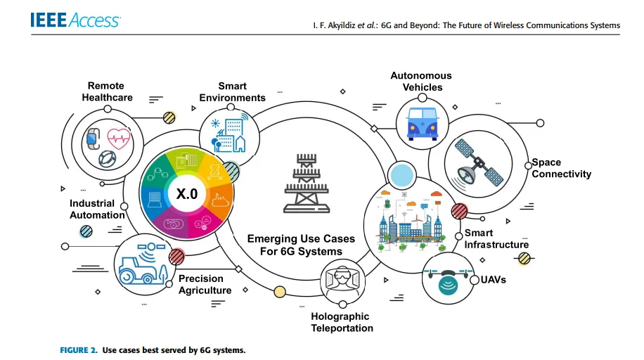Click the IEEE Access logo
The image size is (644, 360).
[75, 20]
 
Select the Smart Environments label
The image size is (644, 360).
[232, 92]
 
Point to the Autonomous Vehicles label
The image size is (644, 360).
[422, 82]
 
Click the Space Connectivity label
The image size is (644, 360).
[561, 168]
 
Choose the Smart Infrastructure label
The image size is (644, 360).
[496, 239]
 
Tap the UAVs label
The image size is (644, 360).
[494, 280]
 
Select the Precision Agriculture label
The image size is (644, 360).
[205, 285]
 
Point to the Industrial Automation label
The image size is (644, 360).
[97, 209]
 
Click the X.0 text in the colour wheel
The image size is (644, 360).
[186, 194]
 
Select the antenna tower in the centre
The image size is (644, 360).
[304, 184]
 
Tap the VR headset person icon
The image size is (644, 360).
[342, 281]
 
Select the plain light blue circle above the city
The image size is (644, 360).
[403, 174]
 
